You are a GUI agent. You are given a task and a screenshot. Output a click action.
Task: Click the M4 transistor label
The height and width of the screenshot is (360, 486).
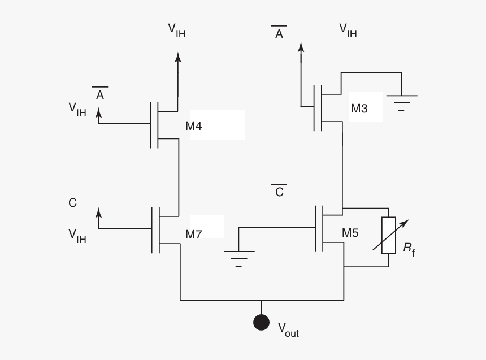click(x=193, y=126)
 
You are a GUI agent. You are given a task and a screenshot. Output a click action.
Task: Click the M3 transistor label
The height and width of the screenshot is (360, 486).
click(x=359, y=109)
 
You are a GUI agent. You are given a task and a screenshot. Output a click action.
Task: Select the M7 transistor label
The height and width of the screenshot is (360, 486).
click(x=193, y=234)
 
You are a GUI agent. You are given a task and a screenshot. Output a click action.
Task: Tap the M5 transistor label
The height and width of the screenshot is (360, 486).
click(x=350, y=232)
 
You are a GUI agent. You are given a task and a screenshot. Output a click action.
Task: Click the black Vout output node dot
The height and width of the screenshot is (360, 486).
click(x=261, y=322)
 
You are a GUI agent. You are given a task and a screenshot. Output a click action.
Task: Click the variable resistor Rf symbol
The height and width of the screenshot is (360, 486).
click(x=388, y=235)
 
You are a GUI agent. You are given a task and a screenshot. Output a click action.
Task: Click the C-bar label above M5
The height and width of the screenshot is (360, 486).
click(x=279, y=191)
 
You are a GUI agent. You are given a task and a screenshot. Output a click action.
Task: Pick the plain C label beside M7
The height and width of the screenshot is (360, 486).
click(x=72, y=203)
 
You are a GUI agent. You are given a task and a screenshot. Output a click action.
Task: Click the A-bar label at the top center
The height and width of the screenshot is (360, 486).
click(x=279, y=33)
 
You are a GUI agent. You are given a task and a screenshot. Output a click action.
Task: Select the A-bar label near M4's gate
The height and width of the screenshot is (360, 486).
click(x=100, y=94)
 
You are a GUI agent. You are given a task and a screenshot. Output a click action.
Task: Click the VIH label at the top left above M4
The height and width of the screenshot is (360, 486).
click(x=176, y=31)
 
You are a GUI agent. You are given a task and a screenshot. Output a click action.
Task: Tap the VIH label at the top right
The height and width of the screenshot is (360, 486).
click(x=348, y=31)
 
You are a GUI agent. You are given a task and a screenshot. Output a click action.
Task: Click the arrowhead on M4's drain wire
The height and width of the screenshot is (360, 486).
click(x=178, y=57)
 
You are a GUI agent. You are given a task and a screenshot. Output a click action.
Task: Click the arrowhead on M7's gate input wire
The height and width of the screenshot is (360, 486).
click(x=99, y=212)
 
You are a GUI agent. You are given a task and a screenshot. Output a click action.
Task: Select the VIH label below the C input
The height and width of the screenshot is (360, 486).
click(x=77, y=236)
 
